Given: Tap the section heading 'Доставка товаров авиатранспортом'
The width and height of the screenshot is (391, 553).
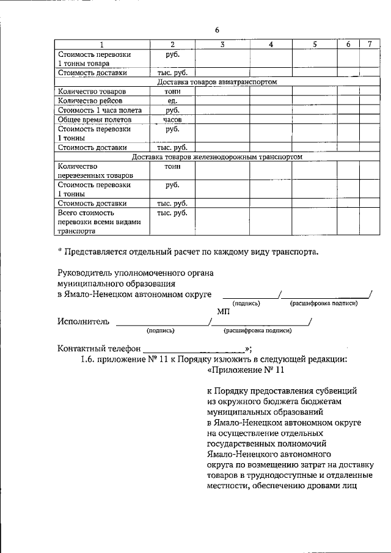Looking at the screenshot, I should point(217,81).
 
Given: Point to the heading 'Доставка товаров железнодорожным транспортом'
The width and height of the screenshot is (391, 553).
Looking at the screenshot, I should point(217,157).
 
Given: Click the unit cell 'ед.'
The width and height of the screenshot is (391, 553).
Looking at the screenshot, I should point(172,101).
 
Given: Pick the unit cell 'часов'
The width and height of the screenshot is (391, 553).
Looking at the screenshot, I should point(172,120).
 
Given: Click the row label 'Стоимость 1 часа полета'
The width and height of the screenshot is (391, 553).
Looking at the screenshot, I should point(100,111).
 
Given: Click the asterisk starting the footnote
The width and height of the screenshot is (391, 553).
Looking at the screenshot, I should point(60,252).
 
